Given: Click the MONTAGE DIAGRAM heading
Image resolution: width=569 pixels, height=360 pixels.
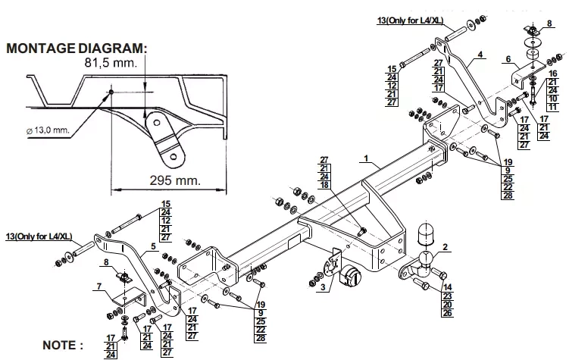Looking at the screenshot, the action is click(x=77, y=49).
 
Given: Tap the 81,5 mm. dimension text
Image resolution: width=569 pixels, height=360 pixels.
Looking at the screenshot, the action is click(x=111, y=63).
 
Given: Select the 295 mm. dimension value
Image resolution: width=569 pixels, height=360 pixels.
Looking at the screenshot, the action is click(x=175, y=180).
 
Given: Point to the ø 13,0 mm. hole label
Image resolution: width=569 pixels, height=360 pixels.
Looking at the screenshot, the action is click(x=48, y=130).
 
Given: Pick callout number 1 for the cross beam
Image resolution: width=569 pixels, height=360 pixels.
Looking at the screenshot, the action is click(x=366, y=158).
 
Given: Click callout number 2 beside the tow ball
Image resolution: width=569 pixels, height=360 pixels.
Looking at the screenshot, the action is click(x=445, y=248).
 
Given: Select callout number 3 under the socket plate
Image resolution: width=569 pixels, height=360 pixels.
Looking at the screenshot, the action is click(x=323, y=288).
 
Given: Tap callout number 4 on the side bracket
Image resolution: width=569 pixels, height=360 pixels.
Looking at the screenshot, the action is click(x=480, y=55).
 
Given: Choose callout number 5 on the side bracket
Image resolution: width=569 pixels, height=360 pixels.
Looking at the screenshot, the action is click(x=153, y=246).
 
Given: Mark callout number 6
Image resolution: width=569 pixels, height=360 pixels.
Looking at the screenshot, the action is click(x=508, y=59).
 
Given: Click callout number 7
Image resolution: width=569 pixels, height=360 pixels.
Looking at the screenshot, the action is click(x=99, y=286).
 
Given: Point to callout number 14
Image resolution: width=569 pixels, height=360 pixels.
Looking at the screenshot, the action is click(x=448, y=288).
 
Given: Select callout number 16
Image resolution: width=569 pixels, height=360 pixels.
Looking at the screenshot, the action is click(x=552, y=74).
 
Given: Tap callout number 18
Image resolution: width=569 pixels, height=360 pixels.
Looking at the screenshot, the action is click(x=324, y=185).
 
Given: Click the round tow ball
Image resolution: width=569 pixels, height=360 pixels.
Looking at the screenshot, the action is click(x=425, y=258).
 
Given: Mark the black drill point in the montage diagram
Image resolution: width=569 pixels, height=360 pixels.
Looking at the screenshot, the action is click(x=111, y=92).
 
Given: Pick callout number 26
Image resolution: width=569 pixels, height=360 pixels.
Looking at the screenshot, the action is click(x=448, y=313).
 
